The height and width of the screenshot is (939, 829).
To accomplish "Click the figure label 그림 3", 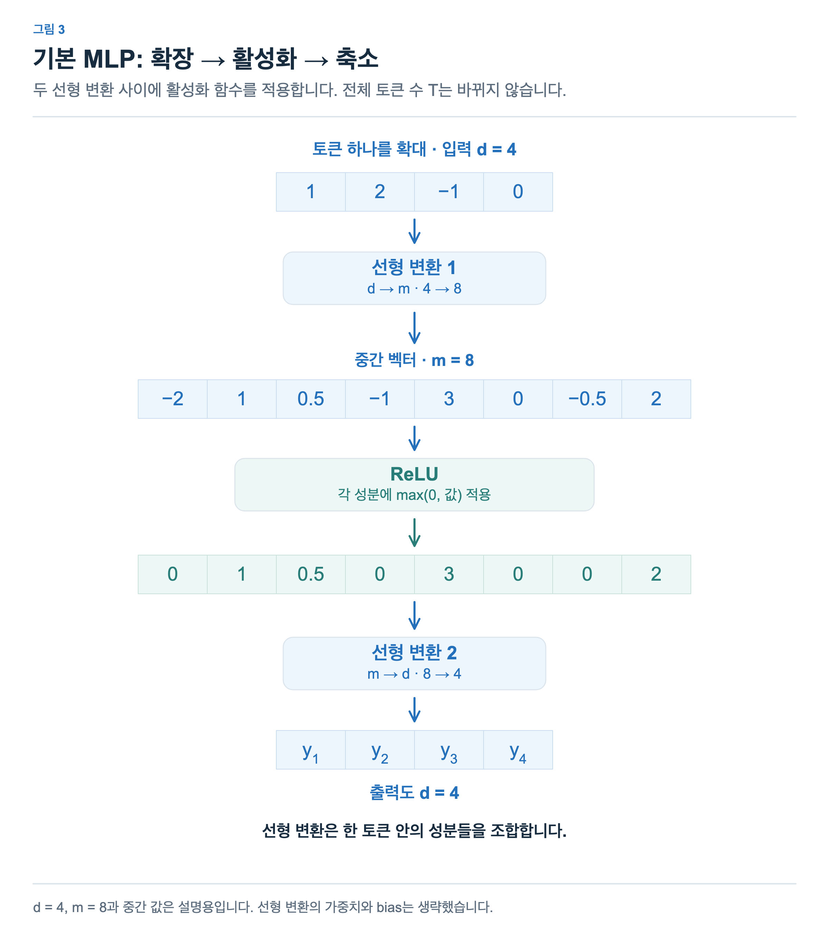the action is point(49,29).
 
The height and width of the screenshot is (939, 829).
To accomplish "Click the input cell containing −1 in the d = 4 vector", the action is point(449,192).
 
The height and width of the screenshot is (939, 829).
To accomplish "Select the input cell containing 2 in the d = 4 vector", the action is point(380,192).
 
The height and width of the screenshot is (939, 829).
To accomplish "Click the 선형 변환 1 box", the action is point(414,278).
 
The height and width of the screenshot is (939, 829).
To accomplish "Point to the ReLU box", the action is point(414,485).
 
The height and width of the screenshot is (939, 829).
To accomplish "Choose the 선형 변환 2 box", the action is point(414,664).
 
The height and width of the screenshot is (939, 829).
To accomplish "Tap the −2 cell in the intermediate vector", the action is point(173,399).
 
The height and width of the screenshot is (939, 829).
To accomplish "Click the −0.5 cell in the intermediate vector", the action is point(587,399).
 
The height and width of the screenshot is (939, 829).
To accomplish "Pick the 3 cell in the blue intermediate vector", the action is point(449,399).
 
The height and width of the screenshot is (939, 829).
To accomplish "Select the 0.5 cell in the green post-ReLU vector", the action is point(311,574).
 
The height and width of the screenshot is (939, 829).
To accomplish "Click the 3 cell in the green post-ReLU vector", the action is point(449,574).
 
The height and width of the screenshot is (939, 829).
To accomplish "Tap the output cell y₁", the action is point(311,750).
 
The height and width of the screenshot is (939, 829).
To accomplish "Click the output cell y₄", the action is point(518,750).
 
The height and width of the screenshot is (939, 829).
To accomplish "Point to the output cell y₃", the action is point(449,750).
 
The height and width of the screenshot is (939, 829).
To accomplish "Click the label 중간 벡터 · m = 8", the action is point(414,360).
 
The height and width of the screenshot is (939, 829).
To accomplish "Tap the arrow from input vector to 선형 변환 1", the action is point(414,231).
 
